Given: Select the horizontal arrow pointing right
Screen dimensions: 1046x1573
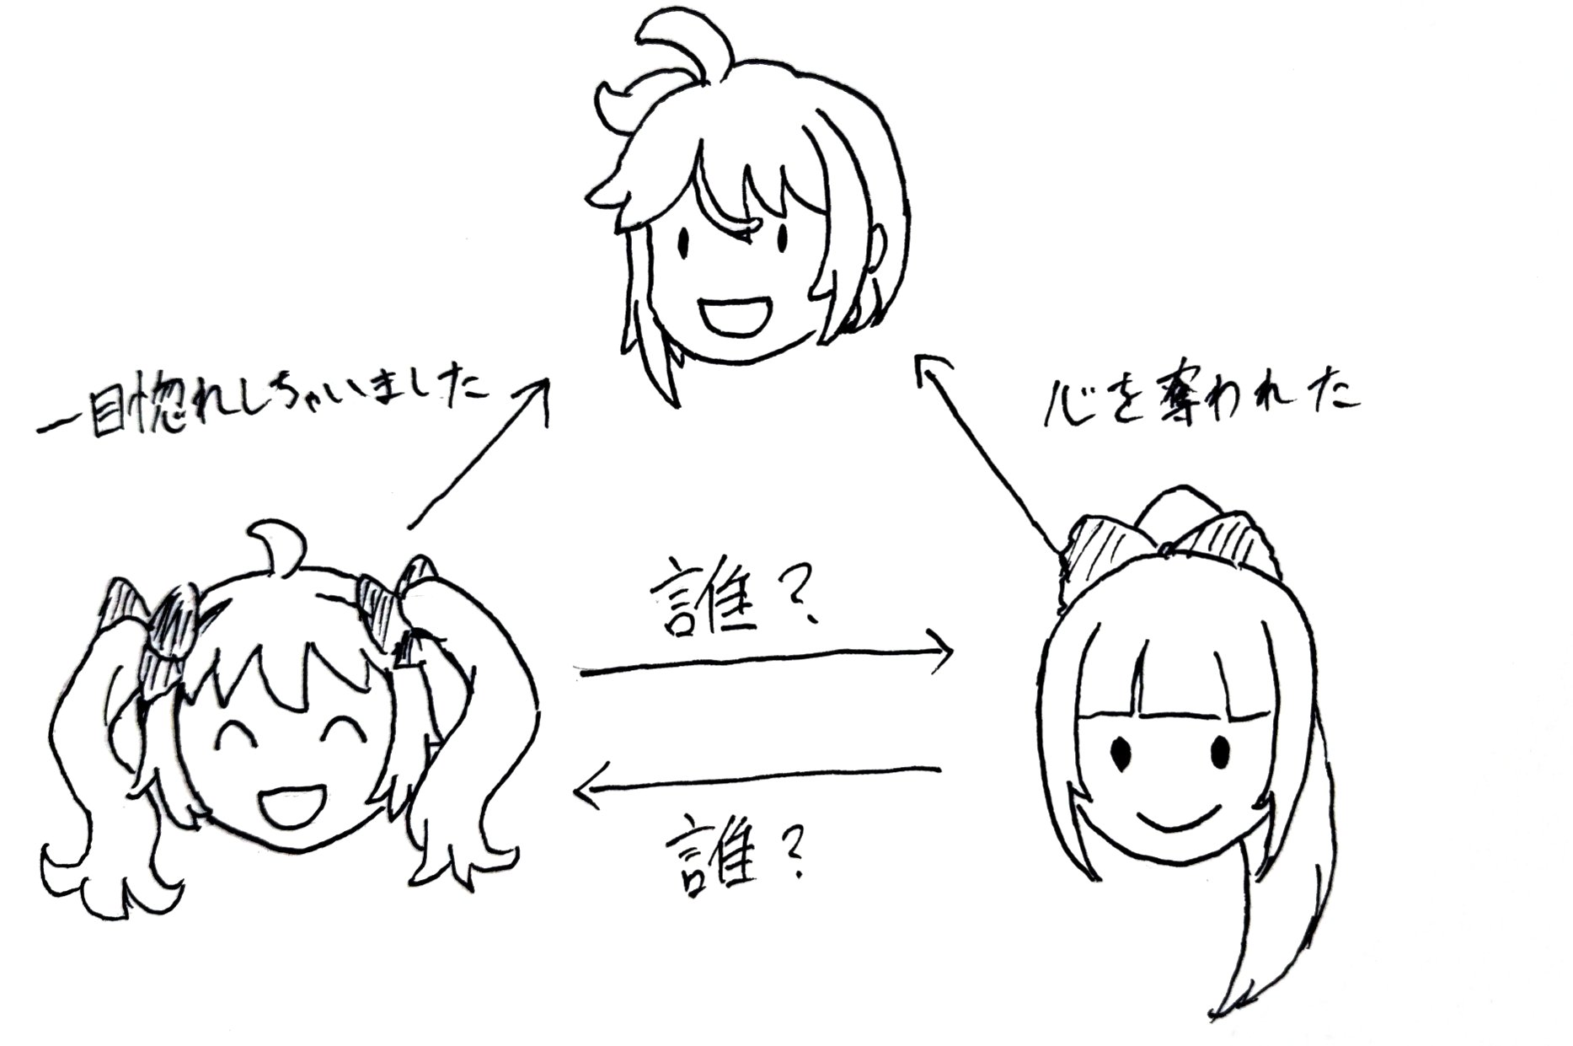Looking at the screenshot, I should click(767, 662).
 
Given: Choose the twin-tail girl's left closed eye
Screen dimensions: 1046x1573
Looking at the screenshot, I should click(238, 732).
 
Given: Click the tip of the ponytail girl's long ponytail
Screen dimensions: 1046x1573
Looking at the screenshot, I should click(1222, 1007).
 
